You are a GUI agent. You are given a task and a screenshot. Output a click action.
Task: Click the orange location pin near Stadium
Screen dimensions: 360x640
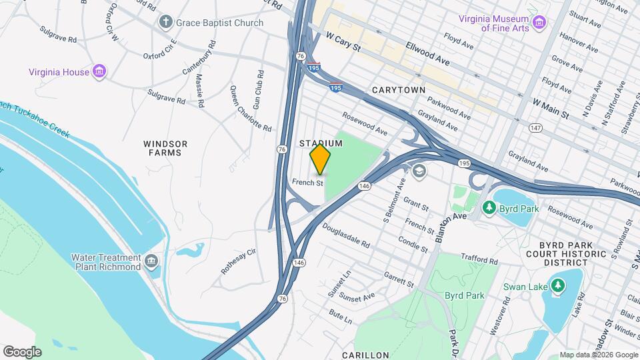coord(321,159)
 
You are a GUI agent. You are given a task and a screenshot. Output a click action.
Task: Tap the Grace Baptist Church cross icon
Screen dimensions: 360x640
coord(165,23)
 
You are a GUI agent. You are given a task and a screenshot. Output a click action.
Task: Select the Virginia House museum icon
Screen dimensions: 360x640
coord(99,71)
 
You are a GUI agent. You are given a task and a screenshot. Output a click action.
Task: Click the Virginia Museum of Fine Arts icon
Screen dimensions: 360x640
coord(539,23)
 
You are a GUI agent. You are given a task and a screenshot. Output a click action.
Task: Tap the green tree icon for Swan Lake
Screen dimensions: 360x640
coord(557,287)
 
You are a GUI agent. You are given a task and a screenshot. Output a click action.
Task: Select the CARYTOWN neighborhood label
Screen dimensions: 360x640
coord(399,89)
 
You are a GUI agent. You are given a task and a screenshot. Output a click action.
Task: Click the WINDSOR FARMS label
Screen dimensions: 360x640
coord(165,148)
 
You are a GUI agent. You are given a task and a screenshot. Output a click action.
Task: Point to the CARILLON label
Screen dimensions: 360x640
coord(365,355)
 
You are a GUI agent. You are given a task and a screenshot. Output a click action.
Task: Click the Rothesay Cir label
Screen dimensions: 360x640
coord(238,262)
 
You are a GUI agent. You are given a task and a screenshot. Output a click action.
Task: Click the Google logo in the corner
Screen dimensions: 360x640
coord(22,352)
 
